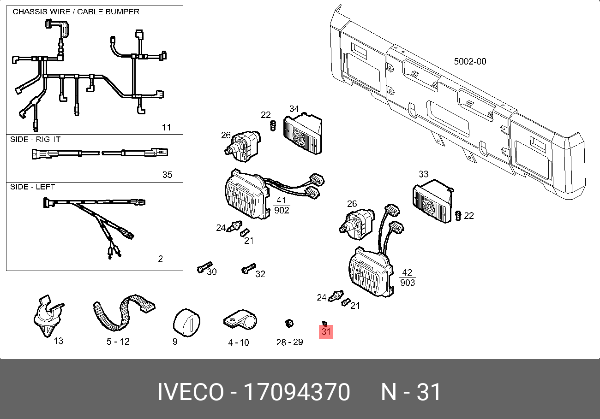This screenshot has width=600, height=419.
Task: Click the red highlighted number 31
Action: (326, 331)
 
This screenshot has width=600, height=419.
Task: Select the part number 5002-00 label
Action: (470, 61)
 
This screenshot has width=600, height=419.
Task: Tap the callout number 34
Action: (294, 109)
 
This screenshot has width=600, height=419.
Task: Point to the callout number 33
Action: (423, 174)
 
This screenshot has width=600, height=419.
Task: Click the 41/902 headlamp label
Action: (282, 206)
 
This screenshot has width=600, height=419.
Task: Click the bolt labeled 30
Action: (203, 268)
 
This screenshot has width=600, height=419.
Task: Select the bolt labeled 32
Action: (248, 268)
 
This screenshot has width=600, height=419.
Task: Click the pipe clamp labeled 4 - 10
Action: (240, 319)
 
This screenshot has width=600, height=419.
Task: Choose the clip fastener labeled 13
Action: (47, 316)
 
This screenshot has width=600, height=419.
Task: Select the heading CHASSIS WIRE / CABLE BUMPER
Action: (76, 12)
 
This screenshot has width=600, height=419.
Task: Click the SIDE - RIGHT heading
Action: (35, 139)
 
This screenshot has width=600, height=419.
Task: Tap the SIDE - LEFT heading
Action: (32, 187)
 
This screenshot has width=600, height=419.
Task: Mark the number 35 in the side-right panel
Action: (167, 175)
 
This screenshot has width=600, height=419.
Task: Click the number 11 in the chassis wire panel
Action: (166, 127)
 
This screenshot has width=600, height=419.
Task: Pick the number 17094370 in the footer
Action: (296, 392)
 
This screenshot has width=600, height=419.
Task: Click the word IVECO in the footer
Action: (190, 392)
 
